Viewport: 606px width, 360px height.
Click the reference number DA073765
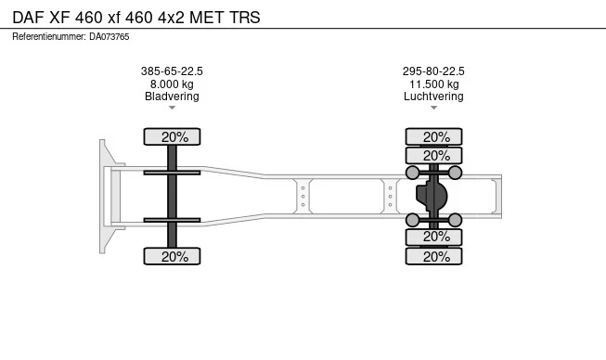(109, 37)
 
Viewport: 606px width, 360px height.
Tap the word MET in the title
(207, 18)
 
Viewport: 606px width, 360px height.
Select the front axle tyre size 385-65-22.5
(172, 71)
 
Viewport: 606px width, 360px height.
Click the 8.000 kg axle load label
(172, 84)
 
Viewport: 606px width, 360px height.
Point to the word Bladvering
(172, 96)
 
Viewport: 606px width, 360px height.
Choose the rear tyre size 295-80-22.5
(433, 71)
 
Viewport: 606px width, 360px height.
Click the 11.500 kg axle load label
(434, 84)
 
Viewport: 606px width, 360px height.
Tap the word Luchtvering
(433, 96)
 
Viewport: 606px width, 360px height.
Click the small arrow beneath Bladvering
(172, 108)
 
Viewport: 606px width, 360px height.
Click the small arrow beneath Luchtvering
(433, 108)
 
